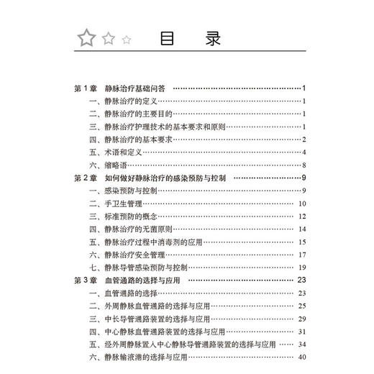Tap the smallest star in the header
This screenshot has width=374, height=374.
(127, 40)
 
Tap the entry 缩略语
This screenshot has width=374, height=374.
(118, 165)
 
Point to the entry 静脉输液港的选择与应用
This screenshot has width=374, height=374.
(151, 357)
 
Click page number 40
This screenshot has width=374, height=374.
(302, 357)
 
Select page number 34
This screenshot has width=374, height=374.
(302, 345)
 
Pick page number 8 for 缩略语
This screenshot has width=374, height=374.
(305, 165)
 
